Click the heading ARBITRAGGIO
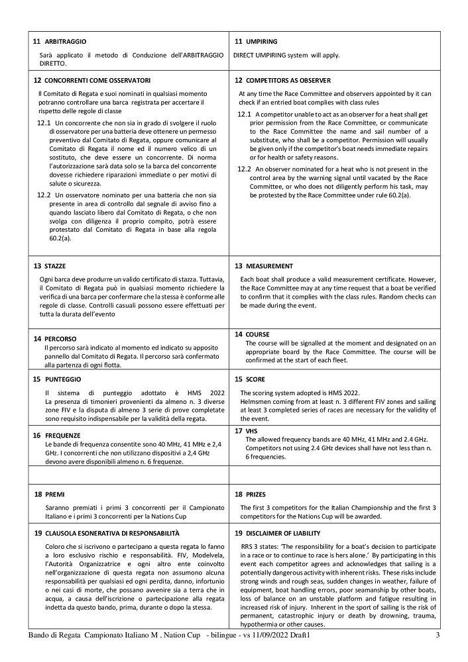[x=66, y=42]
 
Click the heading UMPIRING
[x=261, y=42]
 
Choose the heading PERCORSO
[x=61, y=339]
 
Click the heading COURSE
[x=257, y=334]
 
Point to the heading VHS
[x=251, y=430]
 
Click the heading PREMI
[x=55, y=494]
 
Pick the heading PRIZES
[x=257, y=494]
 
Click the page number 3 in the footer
[x=438, y=636]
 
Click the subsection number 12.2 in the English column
[x=244, y=169]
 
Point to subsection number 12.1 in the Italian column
[x=44, y=123]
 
